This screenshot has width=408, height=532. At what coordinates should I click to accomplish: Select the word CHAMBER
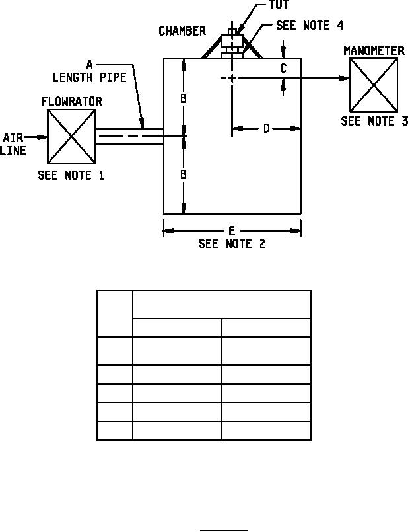[x=182, y=32]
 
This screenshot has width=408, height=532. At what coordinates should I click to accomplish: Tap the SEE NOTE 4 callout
[x=310, y=25]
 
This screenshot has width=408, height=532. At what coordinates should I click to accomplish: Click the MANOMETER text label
[x=374, y=50]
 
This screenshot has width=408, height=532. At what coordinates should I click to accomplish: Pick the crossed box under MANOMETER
[x=374, y=85]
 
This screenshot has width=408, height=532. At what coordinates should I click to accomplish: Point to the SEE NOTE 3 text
[x=374, y=121]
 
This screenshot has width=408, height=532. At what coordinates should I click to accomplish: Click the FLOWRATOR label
[x=71, y=102]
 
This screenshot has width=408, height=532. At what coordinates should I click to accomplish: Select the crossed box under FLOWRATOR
[x=71, y=136]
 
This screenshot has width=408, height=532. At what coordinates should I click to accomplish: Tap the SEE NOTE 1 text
[x=71, y=176]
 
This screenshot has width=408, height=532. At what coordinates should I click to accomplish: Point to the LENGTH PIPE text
[x=89, y=77]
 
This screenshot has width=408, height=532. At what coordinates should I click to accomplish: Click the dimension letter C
[x=283, y=67]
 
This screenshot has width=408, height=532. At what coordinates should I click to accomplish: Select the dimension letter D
[x=266, y=128]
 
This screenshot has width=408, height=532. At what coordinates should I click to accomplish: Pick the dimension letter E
[x=232, y=231]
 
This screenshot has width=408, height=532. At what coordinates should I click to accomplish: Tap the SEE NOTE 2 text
[x=232, y=243]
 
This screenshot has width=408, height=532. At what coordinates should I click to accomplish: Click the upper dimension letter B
[x=185, y=98]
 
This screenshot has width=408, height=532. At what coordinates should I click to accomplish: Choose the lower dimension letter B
[x=185, y=174]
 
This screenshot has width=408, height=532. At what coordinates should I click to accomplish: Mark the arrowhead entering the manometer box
[x=345, y=78]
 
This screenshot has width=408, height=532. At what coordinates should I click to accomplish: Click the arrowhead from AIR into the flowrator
[x=43, y=137]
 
